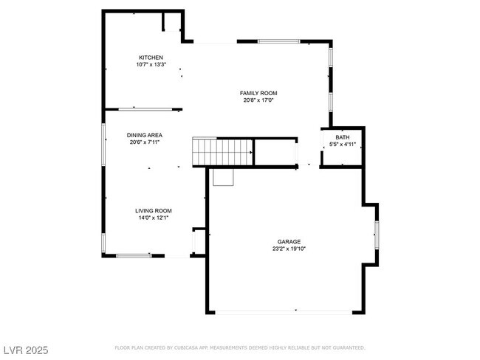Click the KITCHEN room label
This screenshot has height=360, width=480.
151,58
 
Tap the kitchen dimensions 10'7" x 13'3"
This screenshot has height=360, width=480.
151,65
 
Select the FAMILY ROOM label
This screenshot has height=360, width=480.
258,92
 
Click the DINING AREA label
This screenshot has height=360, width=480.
144,135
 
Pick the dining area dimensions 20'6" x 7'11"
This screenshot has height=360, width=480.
144,142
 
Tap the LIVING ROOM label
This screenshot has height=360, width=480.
153,210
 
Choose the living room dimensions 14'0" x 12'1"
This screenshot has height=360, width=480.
153,218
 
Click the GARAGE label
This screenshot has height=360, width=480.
288,241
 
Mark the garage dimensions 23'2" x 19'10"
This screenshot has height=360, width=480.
288,249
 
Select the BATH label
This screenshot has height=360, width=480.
343,137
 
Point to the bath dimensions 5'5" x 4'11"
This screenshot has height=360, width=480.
343,144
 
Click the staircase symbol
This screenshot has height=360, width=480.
222,152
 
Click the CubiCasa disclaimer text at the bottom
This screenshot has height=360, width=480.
239,347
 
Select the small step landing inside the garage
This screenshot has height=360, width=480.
223,177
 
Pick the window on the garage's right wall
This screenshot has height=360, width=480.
377,233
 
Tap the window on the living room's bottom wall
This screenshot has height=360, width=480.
134,255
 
